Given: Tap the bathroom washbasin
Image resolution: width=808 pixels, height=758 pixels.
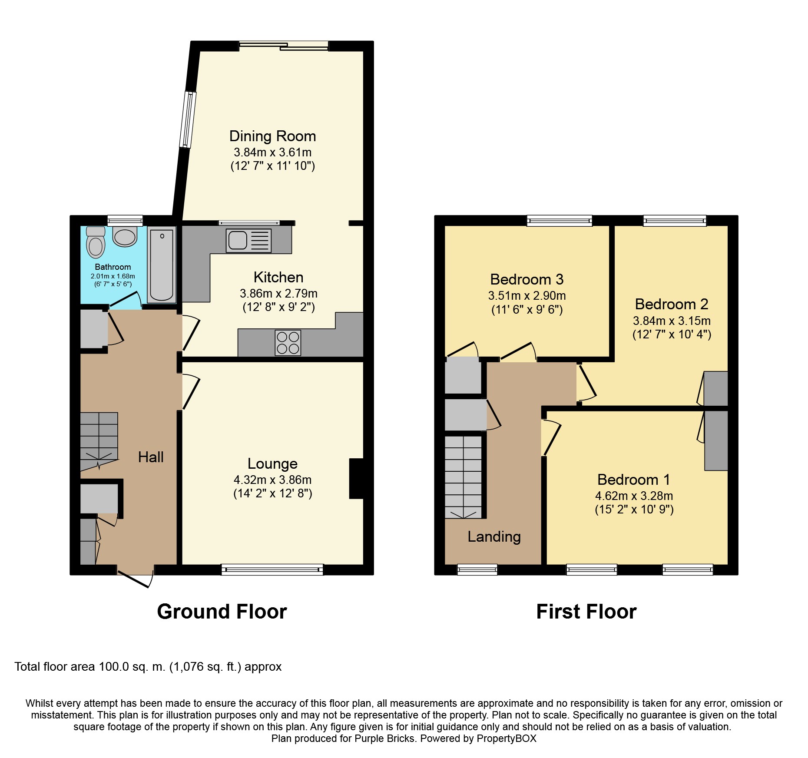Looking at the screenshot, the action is coord(125,236).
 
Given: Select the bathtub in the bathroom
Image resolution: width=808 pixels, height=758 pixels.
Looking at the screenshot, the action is coord(162,265).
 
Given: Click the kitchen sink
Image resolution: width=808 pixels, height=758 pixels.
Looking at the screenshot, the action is coord(248,241).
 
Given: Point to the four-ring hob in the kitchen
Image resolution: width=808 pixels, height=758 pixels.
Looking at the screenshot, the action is coord(288,343).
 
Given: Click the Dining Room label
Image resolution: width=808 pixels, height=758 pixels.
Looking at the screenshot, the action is coord(273,136).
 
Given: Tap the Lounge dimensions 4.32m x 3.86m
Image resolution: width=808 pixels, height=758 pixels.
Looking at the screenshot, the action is coord(273,480).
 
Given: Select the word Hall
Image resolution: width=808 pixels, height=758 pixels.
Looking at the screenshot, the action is coord(151,457).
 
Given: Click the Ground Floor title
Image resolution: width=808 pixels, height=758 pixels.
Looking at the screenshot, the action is coord(222,612).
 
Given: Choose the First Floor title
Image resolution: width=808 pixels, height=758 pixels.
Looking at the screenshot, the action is coord(586,612).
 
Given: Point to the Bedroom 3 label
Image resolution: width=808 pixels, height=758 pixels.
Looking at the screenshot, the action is coord(527,279).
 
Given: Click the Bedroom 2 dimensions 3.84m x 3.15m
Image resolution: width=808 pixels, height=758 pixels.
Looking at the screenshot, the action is coord(672,321).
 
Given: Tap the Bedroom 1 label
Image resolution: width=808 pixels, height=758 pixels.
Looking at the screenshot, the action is coord(634,480).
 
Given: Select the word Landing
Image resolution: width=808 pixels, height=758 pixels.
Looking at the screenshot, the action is coord(494,537).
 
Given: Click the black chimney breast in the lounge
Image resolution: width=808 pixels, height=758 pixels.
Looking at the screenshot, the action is coord(357,479).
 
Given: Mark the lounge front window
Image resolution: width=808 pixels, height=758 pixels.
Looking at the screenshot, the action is coord(272,569).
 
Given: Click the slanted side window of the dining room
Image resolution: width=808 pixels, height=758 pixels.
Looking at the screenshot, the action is coord(188,119).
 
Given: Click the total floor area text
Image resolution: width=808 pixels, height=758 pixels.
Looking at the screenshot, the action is coord(148,667).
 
